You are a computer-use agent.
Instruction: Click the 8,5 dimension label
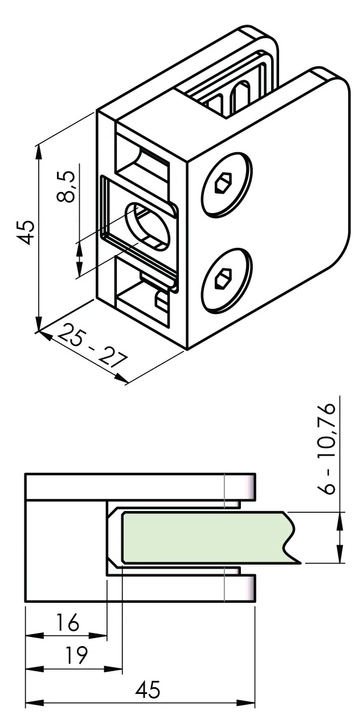(x=67, y=188)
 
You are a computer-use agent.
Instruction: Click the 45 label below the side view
(x=148, y=691)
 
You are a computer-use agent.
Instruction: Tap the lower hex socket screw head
(x=226, y=280)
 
